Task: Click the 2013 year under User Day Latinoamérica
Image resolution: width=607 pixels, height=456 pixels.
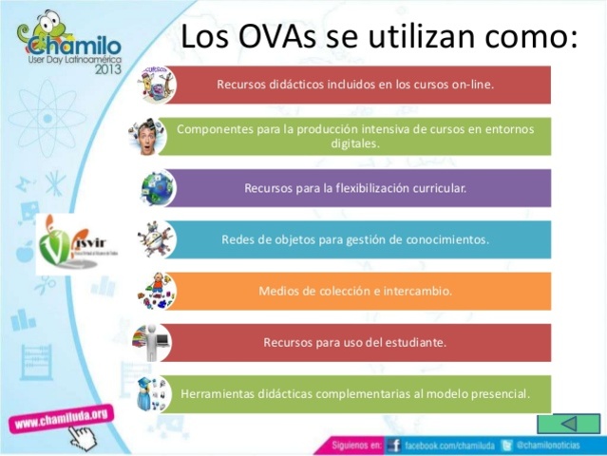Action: click(104, 69)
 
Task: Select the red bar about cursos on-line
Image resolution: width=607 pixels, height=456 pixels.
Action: click(354, 84)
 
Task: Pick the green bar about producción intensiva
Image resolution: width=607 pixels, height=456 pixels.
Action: click(354, 136)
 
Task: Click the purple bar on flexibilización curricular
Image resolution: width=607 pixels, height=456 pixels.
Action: click(354, 187)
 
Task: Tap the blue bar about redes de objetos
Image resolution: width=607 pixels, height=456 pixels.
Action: click(354, 239)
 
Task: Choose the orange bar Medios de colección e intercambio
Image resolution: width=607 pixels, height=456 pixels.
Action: click(354, 291)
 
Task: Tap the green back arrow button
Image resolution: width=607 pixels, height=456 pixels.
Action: click(569, 424)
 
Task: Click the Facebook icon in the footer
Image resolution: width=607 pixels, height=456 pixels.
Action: click(393, 445)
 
